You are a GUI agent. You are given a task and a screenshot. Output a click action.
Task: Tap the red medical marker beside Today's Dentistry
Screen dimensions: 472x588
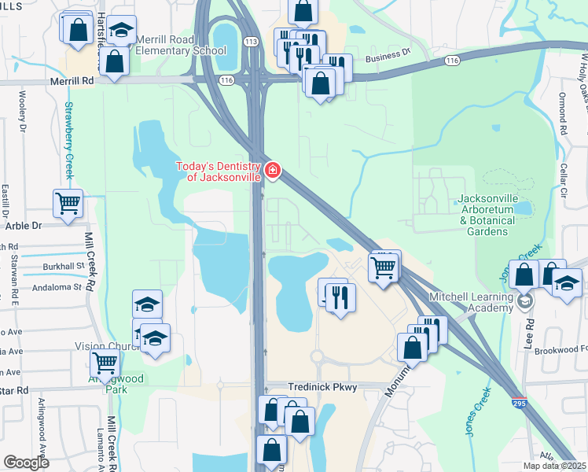(x=273, y=170)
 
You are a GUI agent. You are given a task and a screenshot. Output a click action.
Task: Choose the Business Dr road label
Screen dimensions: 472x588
(x=388, y=55)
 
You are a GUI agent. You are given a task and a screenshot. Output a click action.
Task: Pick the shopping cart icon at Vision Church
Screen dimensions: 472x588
(x=105, y=363)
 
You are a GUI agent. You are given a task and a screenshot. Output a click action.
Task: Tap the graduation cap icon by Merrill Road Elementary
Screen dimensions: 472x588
(x=121, y=29)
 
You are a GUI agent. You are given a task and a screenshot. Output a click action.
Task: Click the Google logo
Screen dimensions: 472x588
(x=26, y=463)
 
